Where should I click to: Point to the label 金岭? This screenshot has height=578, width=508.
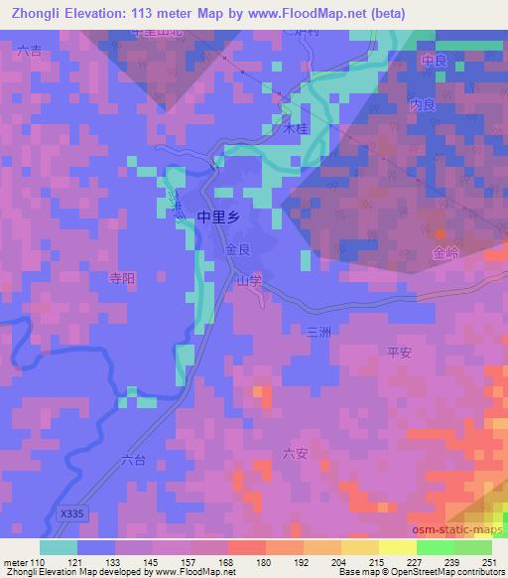pyautogui.click(x=445, y=254)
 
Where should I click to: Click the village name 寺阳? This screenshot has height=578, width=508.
pyautogui.click(x=120, y=280)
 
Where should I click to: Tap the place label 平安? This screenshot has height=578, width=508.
pyautogui.click(x=399, y=352)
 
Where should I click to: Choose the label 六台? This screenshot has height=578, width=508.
pyautogui.click(x=132, y=460)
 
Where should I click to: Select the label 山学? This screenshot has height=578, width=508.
pyautogui.click(x=248, y=281)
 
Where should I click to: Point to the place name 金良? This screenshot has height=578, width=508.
pyautogui.click(x=237, y=250)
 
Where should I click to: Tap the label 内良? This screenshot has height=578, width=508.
pyautogui.click(x=423, y=104)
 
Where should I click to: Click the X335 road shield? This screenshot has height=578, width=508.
pyautogui.click(x=71, y=513)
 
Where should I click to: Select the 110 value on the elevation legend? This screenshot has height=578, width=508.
pyautogui.click(x=36, y=562)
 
